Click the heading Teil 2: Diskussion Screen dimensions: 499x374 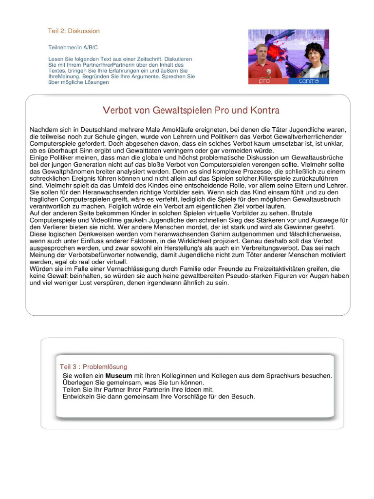click(x=74, y=31)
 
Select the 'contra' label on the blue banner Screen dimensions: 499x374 click(x=309, y=81)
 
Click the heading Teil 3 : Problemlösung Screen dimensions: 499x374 click(x=93, y=366)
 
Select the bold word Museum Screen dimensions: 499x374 click(x=119, y=376)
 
